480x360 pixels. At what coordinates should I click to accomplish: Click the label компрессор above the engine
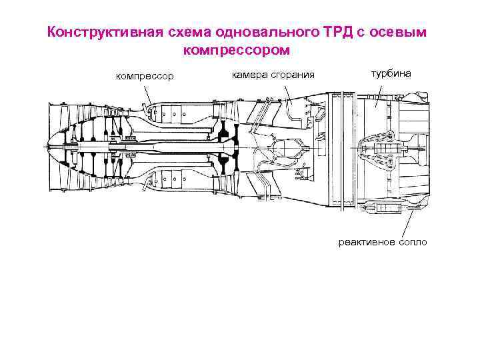145,77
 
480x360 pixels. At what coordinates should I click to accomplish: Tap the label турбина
391,73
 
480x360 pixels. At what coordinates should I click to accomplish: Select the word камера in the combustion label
248,75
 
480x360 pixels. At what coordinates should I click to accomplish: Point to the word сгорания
291,75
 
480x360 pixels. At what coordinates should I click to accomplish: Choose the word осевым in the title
403,33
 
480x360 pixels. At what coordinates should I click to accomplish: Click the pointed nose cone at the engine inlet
53,147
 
